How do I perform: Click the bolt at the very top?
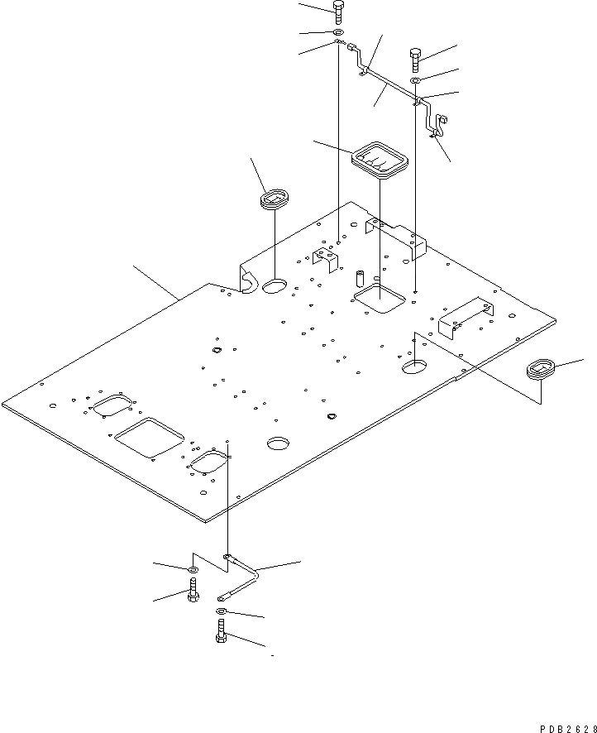[337, 12]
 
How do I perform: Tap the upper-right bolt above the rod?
[415, 60]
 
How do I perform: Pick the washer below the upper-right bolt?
[416, 80]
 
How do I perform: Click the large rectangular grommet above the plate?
[380, 160]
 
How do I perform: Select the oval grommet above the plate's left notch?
[275, 199]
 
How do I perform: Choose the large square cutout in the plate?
[149, 436]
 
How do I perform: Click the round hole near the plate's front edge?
[279, 443]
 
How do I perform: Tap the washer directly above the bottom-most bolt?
[222, 611]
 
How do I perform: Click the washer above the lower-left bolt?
[192, 569]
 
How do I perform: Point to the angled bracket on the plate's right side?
[464, 314]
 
